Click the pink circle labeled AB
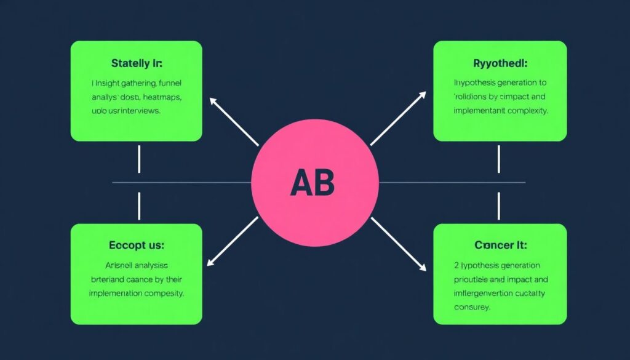coord(315,183)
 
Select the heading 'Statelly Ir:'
coord(137,63)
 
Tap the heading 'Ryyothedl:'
coord(499,62)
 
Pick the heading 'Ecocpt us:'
coord(137,245)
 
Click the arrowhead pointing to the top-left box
coord(213,100)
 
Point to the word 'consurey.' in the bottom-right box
coord(471,307)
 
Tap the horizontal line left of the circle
coord(181,183)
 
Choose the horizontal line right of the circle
coord(452,183)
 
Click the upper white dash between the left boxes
coord(139,159)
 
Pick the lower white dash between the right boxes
coord(498,206)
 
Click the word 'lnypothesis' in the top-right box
coord(476,82)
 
